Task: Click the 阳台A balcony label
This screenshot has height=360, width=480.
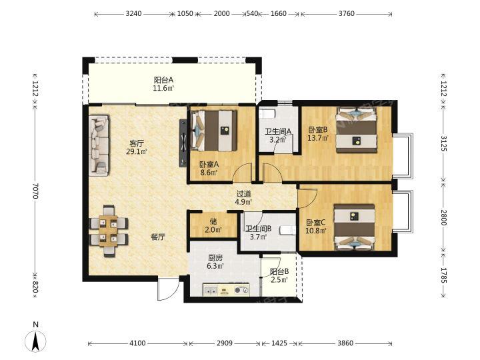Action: pyautogui.click(x=163, y=80)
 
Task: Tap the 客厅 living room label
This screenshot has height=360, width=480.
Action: pyautogui.click(x=137, y=143)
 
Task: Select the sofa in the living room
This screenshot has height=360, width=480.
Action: pyautogui.click(x=99, y=145)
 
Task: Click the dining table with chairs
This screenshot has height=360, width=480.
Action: pyautogui.click(x=109, y=231)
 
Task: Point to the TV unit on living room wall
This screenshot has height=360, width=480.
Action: pyautogui.click(x=183, y=143)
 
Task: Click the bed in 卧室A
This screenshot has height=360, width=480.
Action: pyautogui.click(x=214, y=131)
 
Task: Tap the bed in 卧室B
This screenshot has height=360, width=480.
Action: pyautogui.click(x=357, y=129)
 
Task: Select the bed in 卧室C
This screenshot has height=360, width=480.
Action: pyautogui.click(x=355, y=227)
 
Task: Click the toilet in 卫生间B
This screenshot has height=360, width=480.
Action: pyautogui.click(x=287, y=230)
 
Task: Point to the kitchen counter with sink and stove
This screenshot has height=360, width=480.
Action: pyautogui.click(x=226, y=289)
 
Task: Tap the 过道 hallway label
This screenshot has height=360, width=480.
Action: pyautogui.click(x=244, y=194)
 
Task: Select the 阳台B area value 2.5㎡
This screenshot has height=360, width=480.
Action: pyautogui.click(x=279, y=279)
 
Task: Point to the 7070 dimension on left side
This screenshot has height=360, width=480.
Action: pyautogui.click(x=36, y=191)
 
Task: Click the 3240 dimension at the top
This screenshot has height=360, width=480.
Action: pyautogui.click(x=134, y=13)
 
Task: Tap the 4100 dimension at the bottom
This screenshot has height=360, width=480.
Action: pyautogui.click(x=137, y=343)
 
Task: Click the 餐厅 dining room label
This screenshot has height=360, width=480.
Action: pyautogui.click(x=158, y=237)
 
